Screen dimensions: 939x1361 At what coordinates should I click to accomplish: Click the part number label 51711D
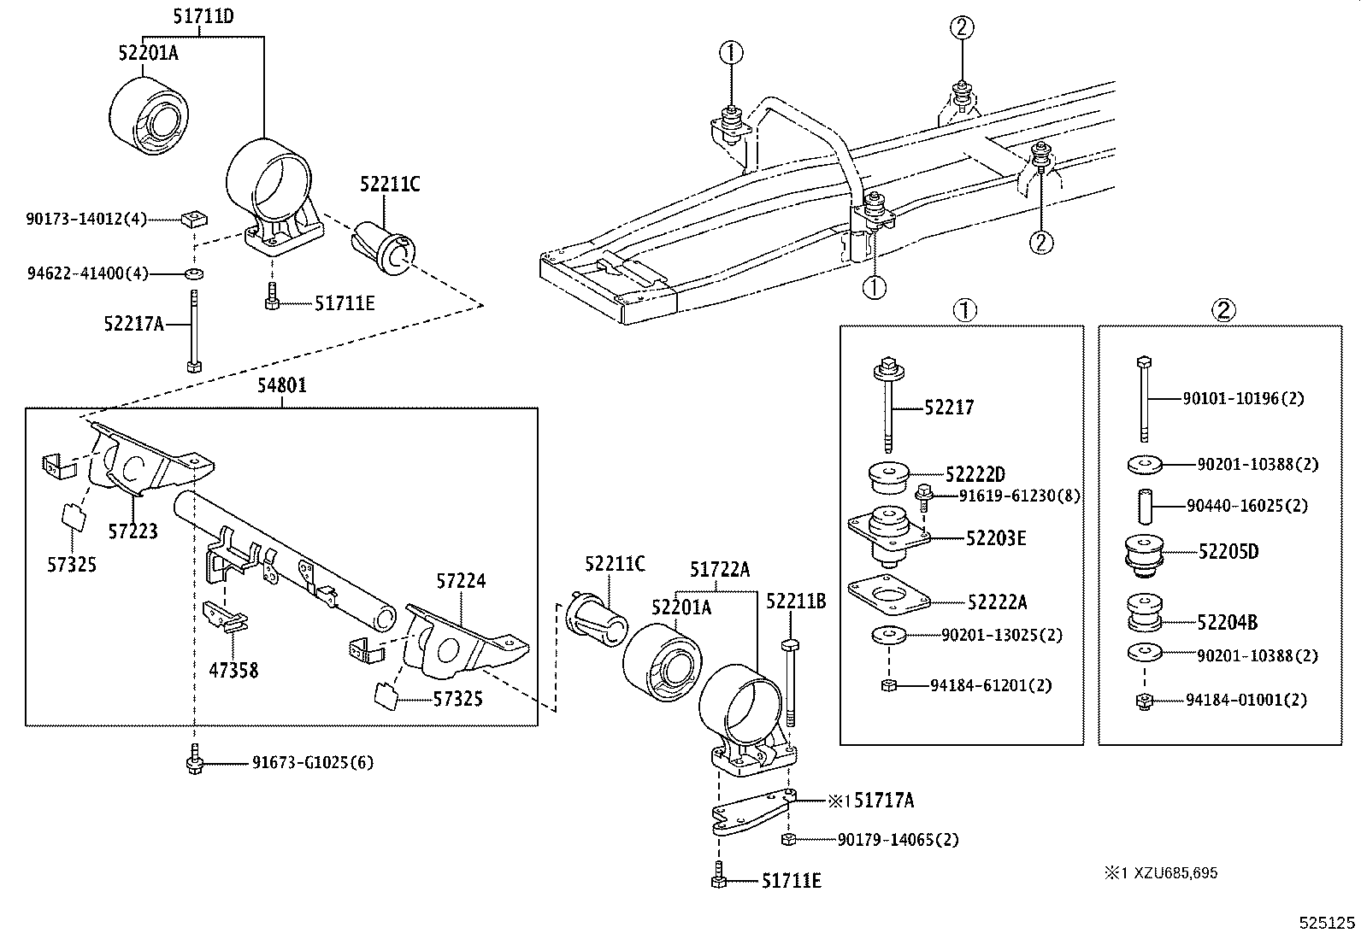(203, 15)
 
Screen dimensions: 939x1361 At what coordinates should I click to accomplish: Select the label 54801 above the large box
(282, 386)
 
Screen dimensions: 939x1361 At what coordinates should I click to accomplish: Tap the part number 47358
(233, 670)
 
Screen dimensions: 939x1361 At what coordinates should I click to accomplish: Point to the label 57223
(133, 531)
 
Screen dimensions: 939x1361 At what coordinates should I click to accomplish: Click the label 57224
(461, 581)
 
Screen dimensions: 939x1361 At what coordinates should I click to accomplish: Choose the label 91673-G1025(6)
(312, 762)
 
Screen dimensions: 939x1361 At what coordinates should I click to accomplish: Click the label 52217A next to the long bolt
(133, 323)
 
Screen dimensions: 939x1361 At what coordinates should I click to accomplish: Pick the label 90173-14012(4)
(86, 220)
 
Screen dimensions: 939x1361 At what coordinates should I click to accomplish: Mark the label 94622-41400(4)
(86, 273)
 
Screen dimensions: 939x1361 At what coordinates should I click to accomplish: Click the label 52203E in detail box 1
(996, 538)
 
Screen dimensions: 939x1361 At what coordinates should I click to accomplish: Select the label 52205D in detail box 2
(1228, 551)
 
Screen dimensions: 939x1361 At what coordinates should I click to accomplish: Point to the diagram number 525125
(1327, 923)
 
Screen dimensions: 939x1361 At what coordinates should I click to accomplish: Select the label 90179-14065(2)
(898, 840)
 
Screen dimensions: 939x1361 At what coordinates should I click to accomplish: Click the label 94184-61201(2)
(992, 685)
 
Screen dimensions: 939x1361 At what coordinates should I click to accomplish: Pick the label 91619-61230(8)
(1019, 496)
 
